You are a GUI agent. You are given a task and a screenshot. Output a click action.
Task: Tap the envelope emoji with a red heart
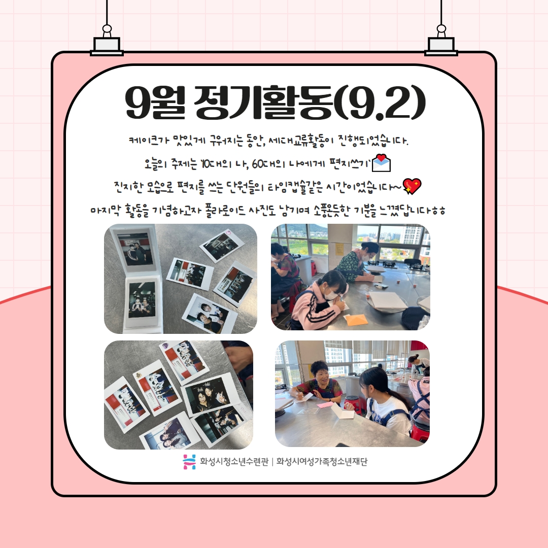381,163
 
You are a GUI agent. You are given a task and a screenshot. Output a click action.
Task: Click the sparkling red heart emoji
412,186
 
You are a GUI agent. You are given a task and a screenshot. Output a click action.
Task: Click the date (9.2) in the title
380,102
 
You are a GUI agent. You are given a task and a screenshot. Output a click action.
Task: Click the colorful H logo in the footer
189,462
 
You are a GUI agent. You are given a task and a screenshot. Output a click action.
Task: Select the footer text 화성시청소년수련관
234,462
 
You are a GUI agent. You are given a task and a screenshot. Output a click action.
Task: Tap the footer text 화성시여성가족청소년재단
322,462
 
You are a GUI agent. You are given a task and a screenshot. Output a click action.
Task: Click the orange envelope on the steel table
355,320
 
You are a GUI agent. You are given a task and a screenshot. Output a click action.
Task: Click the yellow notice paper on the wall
339,248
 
